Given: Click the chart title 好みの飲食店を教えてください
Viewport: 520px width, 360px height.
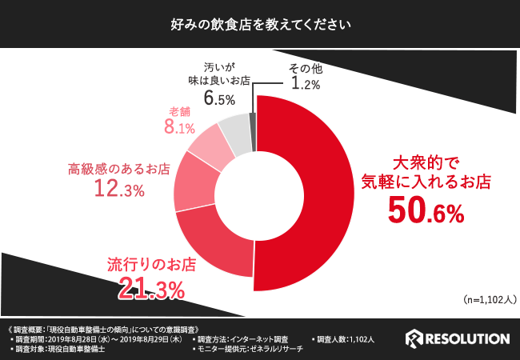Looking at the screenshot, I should (x=260, y=24).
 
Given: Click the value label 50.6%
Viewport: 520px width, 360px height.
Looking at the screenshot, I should (x=426, y=210).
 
